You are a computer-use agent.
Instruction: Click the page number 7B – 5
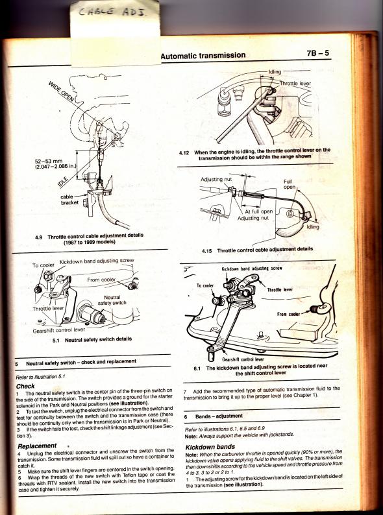[x=318, y=53]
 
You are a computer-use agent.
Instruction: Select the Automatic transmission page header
[x=203, y=55]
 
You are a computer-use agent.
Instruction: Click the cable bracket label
[x=69, y=200]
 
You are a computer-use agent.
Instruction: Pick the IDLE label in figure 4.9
[x=63, y=182]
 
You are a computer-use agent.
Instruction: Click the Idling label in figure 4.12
[x=275, y=72]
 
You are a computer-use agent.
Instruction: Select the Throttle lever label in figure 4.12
[x=295, y=84]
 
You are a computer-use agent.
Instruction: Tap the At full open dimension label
[x=258, y=212]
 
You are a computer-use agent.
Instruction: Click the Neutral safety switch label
[x=112, y=300]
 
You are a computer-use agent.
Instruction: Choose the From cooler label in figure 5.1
[x=101, y=280]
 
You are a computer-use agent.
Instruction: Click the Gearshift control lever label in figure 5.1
[x=59, y=330]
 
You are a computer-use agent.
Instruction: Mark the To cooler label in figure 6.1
[x=206, y=286]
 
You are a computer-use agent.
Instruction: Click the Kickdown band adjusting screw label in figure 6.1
[x=252, y=269]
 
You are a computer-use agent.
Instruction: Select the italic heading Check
[x=25, y=386]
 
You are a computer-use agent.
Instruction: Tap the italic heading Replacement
[x=37, y=446]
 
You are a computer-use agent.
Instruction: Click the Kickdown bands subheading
[x=210, y=447]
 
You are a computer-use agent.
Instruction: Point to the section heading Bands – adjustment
[x=219, y=416]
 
